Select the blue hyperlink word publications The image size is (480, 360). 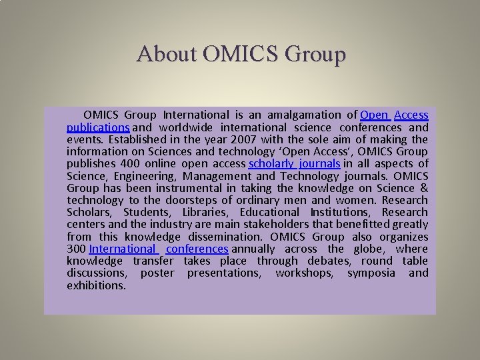click(98, 127)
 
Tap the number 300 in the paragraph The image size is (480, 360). click(76, 249)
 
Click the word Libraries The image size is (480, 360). click(205, 212)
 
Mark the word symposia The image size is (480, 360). click(371, 273)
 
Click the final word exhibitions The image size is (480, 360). click(96, 285)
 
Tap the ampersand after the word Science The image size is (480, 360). click(424, 188)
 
